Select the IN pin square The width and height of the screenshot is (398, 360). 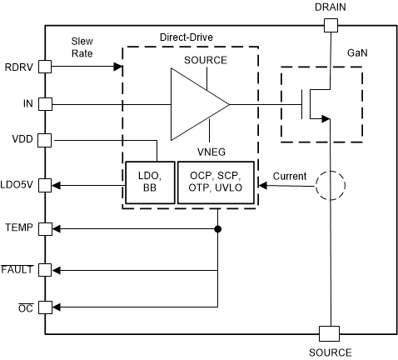click(x=45, y=104)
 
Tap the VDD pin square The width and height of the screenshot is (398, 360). click(x=45, y=141)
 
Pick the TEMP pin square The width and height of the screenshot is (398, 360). click(x=45, y=227)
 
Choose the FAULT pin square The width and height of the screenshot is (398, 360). click(x=45, y=269)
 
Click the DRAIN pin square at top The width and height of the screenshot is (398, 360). click(x=330, y=25)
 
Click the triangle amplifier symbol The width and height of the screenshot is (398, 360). click(x=196, y=104)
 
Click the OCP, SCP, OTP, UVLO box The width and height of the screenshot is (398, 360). click(x=218, y=182)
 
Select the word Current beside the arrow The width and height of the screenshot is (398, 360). click(x=289, y=176)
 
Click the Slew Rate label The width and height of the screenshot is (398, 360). click(x=82, y=46)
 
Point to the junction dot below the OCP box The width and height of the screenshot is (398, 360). click(x=217, y=227)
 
